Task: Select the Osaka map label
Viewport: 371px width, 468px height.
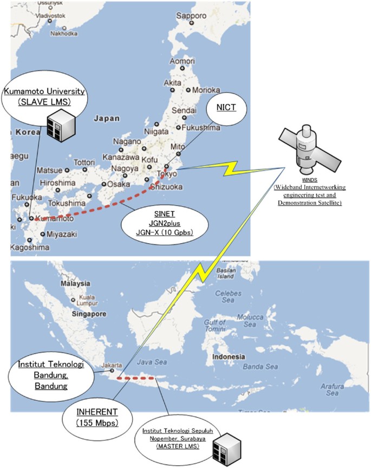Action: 119,184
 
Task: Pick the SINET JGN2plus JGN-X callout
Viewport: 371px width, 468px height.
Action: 168,222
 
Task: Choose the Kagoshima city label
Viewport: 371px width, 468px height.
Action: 32,248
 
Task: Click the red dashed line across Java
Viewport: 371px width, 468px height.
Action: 136,378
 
